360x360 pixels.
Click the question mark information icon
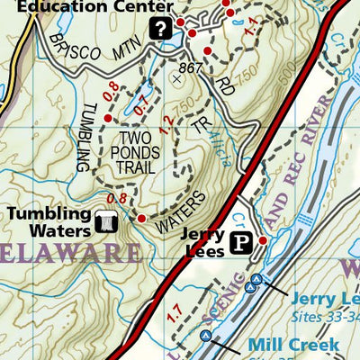(x=161, y=29)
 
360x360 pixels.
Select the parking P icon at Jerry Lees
(x=240, y=241)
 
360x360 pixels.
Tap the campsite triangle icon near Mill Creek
(x=206, y=337)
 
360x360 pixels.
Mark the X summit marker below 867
(x=176, y=79)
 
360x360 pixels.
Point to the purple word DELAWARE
(x=67, y=250)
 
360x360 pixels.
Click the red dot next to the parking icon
(x=263, y=240)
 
